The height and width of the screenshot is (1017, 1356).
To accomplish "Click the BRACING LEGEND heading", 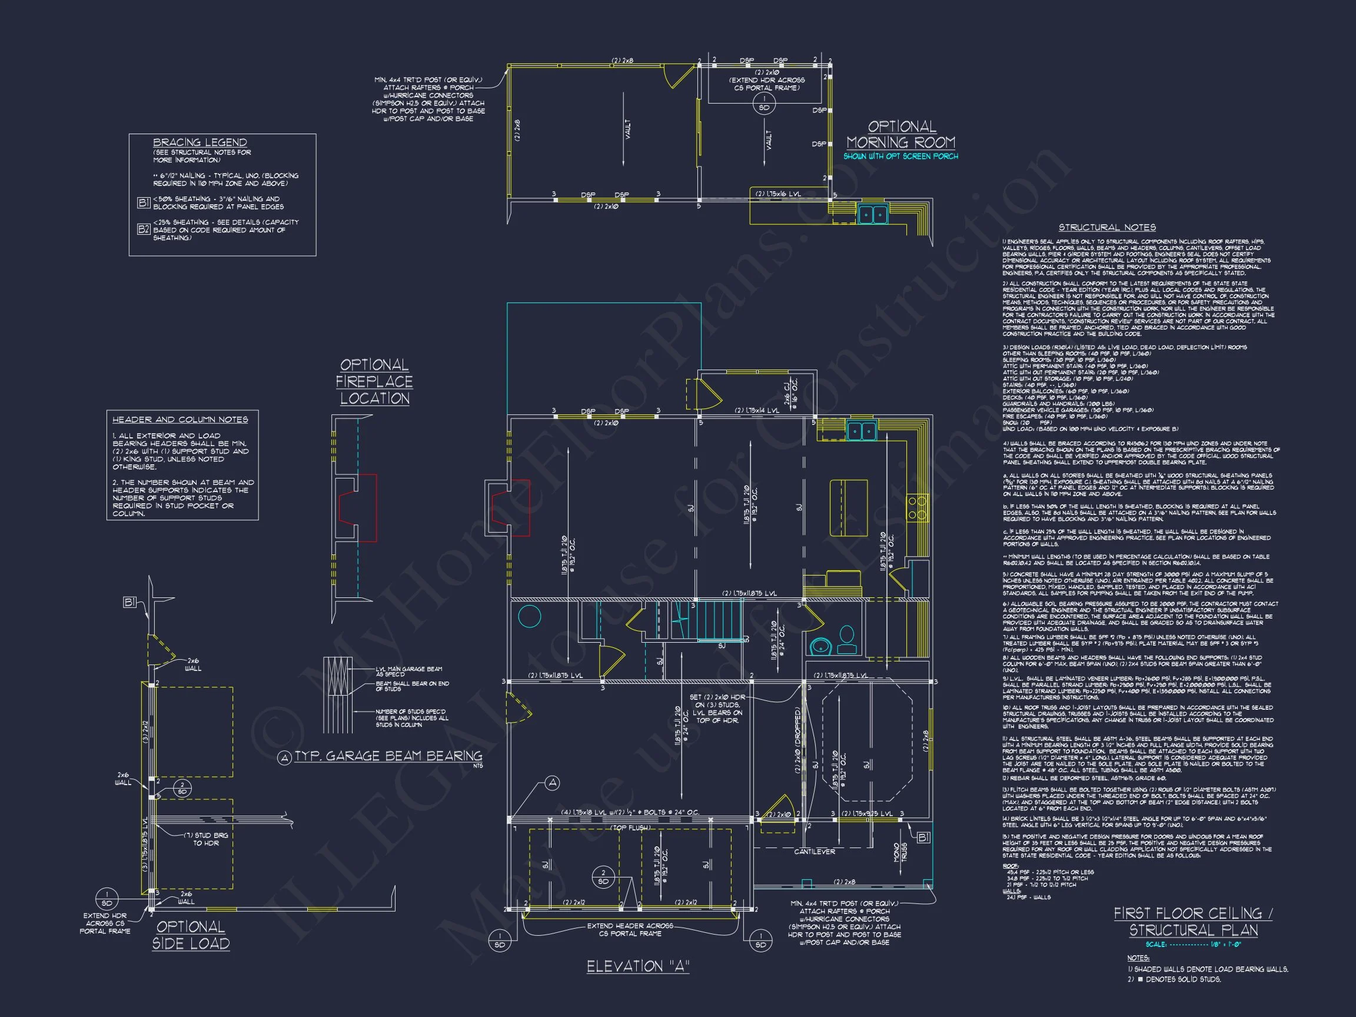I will coord(200,142).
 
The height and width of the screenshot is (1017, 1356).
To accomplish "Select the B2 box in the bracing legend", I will coord(144,230).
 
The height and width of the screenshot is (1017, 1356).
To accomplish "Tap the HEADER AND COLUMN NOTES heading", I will coord(180,420).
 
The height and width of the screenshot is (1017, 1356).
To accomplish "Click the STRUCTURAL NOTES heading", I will coord(1107,227).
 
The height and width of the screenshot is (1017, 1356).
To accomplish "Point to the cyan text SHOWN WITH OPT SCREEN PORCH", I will coord(900,157).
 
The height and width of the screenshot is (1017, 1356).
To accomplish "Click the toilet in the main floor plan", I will coord(846,639).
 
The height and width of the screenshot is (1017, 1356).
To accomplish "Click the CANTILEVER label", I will coord(815,852).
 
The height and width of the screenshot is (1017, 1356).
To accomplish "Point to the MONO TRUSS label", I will coord(900,852).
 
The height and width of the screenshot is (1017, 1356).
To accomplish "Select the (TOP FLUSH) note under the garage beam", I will coord(630,828).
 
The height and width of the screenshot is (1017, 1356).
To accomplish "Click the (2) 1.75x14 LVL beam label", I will coord(757,411).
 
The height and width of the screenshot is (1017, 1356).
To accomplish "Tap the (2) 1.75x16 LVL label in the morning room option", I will coord(778,194).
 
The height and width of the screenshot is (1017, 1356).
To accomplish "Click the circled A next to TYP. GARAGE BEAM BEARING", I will coord(284,758).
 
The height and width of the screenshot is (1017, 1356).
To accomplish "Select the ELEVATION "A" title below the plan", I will coord(637,967).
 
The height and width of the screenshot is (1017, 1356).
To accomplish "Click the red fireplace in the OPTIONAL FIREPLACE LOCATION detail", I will coord(362,507).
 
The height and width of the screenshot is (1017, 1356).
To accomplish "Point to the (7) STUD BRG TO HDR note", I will coord(206,839).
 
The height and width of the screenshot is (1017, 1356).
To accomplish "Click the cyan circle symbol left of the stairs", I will coord(529,616).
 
